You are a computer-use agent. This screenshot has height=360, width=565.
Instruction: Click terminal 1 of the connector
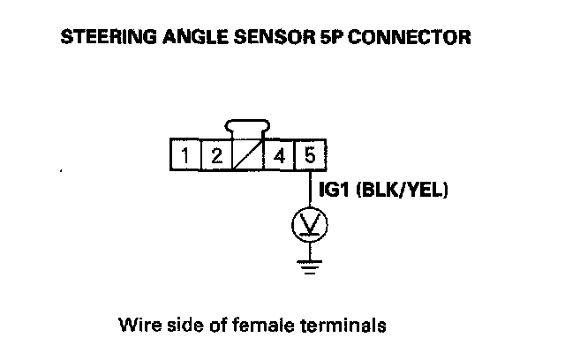(185, 156)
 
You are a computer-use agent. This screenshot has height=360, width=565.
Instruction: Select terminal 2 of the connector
(216, 156)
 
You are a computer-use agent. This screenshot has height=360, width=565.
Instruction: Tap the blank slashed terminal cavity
(248, 156)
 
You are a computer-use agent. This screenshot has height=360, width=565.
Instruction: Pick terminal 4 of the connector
(279, 156)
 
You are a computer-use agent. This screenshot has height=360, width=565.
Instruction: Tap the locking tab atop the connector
(248, 130)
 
